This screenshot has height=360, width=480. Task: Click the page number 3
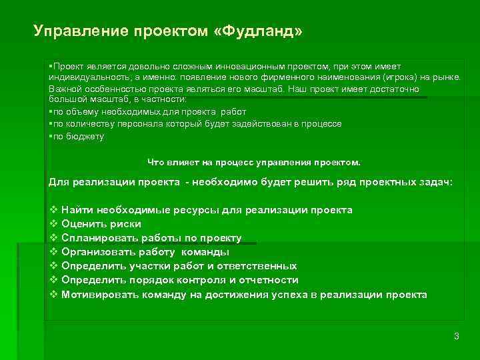coord(456,336)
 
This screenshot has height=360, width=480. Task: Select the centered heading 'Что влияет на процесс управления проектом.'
coord(253,162)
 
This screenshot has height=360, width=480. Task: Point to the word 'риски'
coord(125,225)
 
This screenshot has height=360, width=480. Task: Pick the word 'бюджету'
coord(85,136)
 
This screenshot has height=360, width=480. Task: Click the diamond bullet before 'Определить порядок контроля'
coord(54,280)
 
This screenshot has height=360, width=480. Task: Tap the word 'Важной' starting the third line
coord(63,88)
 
